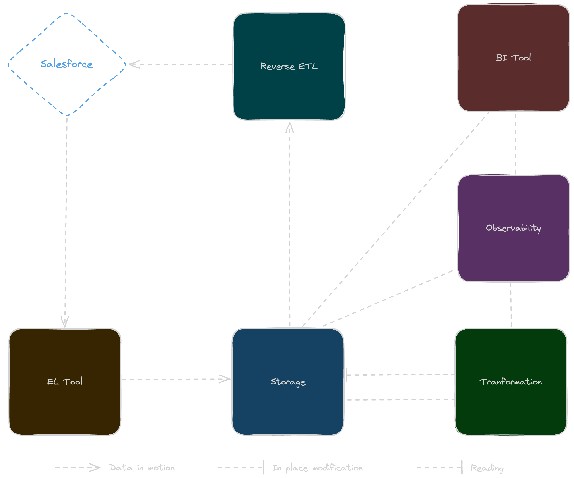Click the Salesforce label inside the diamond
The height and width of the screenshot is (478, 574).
point(66,64)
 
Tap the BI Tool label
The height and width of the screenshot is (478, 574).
point(513,57)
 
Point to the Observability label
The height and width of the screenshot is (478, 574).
point(513,228)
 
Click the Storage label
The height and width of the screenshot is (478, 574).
point(288,382)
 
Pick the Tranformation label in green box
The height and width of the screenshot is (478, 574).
point(510,382)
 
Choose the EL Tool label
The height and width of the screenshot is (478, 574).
point(64,381)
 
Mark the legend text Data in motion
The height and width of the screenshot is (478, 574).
point(142,467)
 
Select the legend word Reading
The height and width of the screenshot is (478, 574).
point(487,468)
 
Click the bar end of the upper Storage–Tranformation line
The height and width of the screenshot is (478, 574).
point(347,375)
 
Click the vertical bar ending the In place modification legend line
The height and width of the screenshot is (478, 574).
point(263,467)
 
